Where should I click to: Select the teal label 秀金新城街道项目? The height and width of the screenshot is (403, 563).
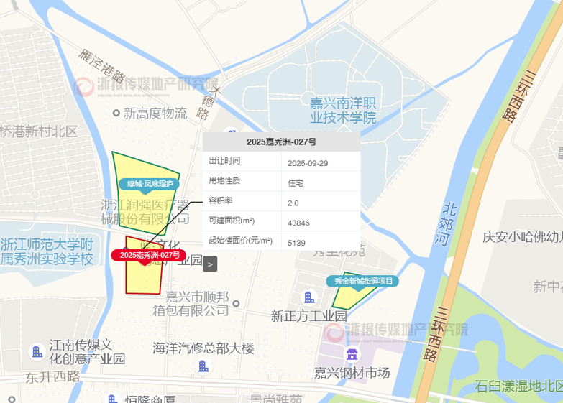point(364,281)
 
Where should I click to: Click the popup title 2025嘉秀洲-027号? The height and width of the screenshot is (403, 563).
point(281,142)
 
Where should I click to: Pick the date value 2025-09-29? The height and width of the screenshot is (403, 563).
point(307,163)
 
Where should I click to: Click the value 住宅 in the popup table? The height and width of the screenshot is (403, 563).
point(295,183)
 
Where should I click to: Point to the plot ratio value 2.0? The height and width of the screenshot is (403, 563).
point(293,203)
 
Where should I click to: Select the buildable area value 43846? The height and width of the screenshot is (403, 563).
point(298,223)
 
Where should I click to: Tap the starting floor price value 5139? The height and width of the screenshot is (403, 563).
point(296,243)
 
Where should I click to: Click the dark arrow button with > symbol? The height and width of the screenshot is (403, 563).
point(209,264)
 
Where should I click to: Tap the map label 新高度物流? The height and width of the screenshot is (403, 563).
point(155,113)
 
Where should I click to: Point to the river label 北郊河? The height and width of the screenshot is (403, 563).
point(450,222)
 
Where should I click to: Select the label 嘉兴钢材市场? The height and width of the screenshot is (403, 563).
point(352,373)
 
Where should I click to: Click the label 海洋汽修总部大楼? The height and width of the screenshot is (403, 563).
point(203,348)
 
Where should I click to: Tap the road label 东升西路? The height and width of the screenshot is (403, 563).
point(53,376)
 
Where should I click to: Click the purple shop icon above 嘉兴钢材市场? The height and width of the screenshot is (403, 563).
point(352,354)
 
